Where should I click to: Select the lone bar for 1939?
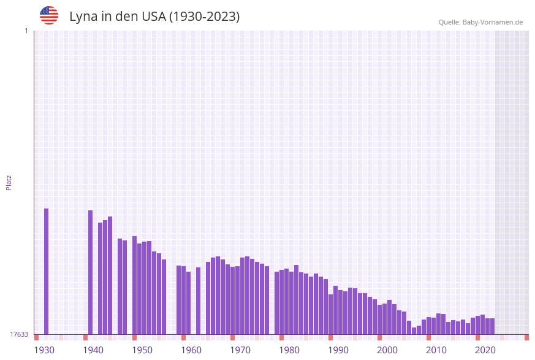(x=90, y=272)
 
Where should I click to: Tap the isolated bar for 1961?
(x=198, y=301)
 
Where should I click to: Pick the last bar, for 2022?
(x=492, y=326)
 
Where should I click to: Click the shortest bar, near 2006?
(x=414, y=331)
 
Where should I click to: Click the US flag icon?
(x=49, y=15)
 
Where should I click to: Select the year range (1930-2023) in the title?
(x=204, y=17)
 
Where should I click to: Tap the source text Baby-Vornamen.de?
(x=493, y=22)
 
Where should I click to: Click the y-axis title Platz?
(x=9, y=182)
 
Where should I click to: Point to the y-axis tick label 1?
(x=26, y=31)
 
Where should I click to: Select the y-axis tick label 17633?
(x=18, y=334)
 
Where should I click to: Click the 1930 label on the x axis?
(x=44, y=350)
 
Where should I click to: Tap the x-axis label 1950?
(x=142, y=350)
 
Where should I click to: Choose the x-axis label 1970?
(x=240, y=350)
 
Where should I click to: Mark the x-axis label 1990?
(x=338, y=350)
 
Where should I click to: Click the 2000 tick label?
(x=387, y=350)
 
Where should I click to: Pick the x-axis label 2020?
(x=485, y=350)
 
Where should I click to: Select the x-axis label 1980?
(x=289, y=350)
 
